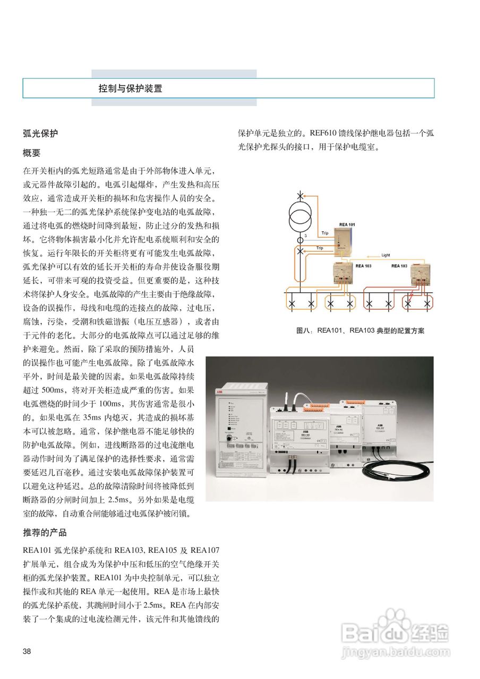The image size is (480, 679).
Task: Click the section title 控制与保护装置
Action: click(x=131, y=88)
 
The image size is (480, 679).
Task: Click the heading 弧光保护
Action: click(x=40, y=134)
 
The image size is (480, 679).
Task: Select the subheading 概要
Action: click(x=32, y=153)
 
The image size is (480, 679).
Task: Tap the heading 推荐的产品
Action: click(x=45, y=532)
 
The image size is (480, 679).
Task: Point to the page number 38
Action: click(x=27, y=651)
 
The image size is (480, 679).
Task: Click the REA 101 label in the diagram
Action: click(x=348, y=224)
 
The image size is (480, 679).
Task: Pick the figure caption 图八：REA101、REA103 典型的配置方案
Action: click(x=360, y=330)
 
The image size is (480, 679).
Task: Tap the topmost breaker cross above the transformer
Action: click(x=300, y=196)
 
